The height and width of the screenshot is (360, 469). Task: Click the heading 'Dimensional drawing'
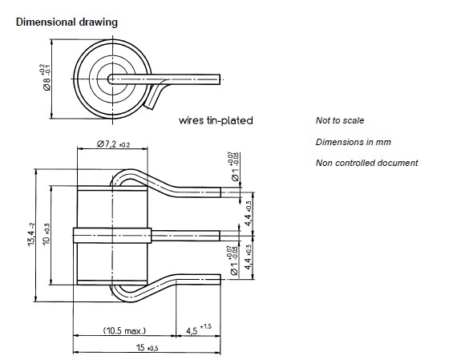(x=67, y=22)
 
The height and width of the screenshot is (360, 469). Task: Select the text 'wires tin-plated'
(x=216, y=121)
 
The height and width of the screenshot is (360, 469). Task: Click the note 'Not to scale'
(x=340, y=120)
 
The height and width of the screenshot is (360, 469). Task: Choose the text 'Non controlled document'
(x=366, y=164)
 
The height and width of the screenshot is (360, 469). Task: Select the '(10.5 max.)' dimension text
(x=126, y=330)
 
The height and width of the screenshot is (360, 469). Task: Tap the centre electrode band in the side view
(x=111, y=235)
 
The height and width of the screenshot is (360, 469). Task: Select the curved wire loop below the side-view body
(x=128, y=293)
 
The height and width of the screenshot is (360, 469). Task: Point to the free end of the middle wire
(x=217, y=235)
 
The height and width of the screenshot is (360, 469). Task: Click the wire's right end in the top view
(x=217, y=78)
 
